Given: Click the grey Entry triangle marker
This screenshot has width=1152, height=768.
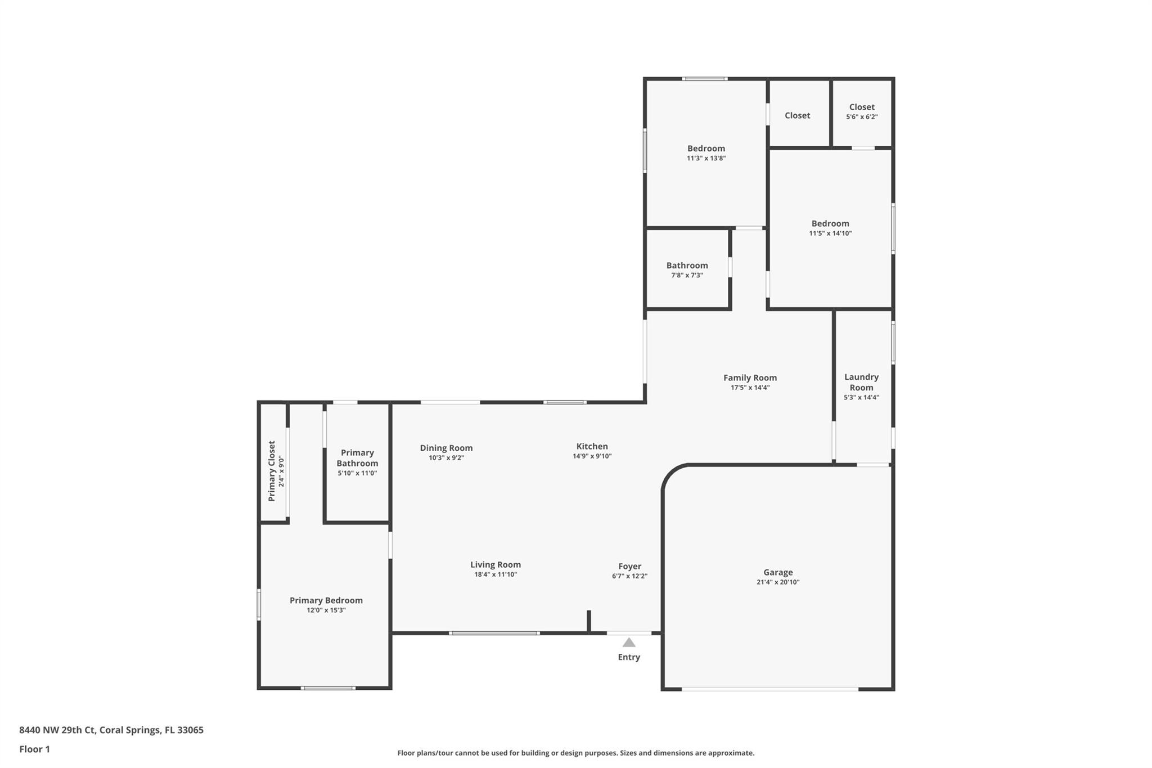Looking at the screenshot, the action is (629, 642).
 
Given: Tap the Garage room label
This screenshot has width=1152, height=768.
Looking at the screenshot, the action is (778, 572).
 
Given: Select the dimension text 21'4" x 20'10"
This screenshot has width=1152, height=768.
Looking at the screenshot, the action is (778, 582).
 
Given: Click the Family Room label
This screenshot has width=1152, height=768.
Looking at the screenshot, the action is (750, 378).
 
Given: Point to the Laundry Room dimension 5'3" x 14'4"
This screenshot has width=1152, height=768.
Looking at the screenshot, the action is (861, 397).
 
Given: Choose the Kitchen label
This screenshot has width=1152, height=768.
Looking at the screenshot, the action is (592, 446).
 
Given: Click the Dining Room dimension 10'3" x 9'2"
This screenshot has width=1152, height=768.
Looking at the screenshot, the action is (446, 458).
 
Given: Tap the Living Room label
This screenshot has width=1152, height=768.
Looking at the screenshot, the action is (496, 564).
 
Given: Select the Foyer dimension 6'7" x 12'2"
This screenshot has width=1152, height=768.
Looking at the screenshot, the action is (629, 576).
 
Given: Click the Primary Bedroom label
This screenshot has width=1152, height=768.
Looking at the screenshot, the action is (326, 600).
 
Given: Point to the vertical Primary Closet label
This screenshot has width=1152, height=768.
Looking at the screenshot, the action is (272, 471).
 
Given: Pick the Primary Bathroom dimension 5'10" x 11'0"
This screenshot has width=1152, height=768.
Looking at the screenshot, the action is (357, 473).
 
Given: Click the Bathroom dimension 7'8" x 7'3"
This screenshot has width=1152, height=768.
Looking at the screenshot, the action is (687, 275).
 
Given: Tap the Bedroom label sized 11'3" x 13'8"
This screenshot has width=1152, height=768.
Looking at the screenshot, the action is (706, 149).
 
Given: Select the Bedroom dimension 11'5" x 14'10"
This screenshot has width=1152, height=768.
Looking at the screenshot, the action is (830, 233).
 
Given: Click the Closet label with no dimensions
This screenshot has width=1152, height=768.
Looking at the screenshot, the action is (797, 115).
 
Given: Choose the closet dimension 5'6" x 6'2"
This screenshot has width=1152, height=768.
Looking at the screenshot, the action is (862, 117).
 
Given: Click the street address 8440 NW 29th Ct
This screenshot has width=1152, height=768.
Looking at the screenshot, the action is (57, 730).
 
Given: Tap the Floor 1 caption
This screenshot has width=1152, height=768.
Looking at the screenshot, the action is (34, 749).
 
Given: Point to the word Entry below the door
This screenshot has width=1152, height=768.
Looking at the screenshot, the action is (629, 657).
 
